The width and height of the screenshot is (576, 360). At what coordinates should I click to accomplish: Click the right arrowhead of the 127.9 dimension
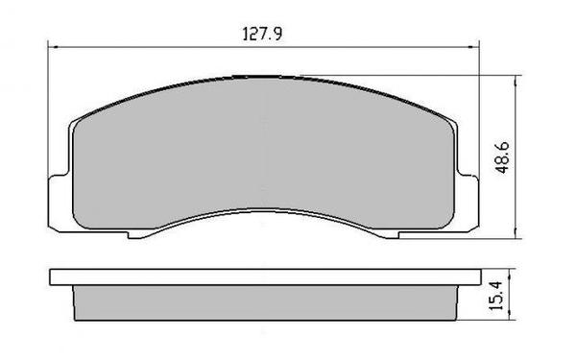click(477, 45)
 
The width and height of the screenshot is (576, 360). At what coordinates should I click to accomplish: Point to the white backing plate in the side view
click(264, 279)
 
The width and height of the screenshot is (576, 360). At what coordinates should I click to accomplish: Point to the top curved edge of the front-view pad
click(264, 77)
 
